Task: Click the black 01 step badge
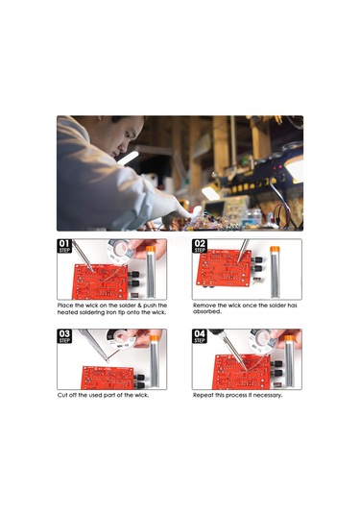64,246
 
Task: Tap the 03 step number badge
64,336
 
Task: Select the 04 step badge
200,336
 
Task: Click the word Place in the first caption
65,306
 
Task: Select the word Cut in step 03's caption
62,395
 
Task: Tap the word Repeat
204,395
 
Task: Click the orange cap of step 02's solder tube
275,250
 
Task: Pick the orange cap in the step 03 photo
155,338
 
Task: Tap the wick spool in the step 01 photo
120,251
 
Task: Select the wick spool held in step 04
263,341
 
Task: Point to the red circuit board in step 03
108,378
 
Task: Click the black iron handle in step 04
217,332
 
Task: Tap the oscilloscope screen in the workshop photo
215,208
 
